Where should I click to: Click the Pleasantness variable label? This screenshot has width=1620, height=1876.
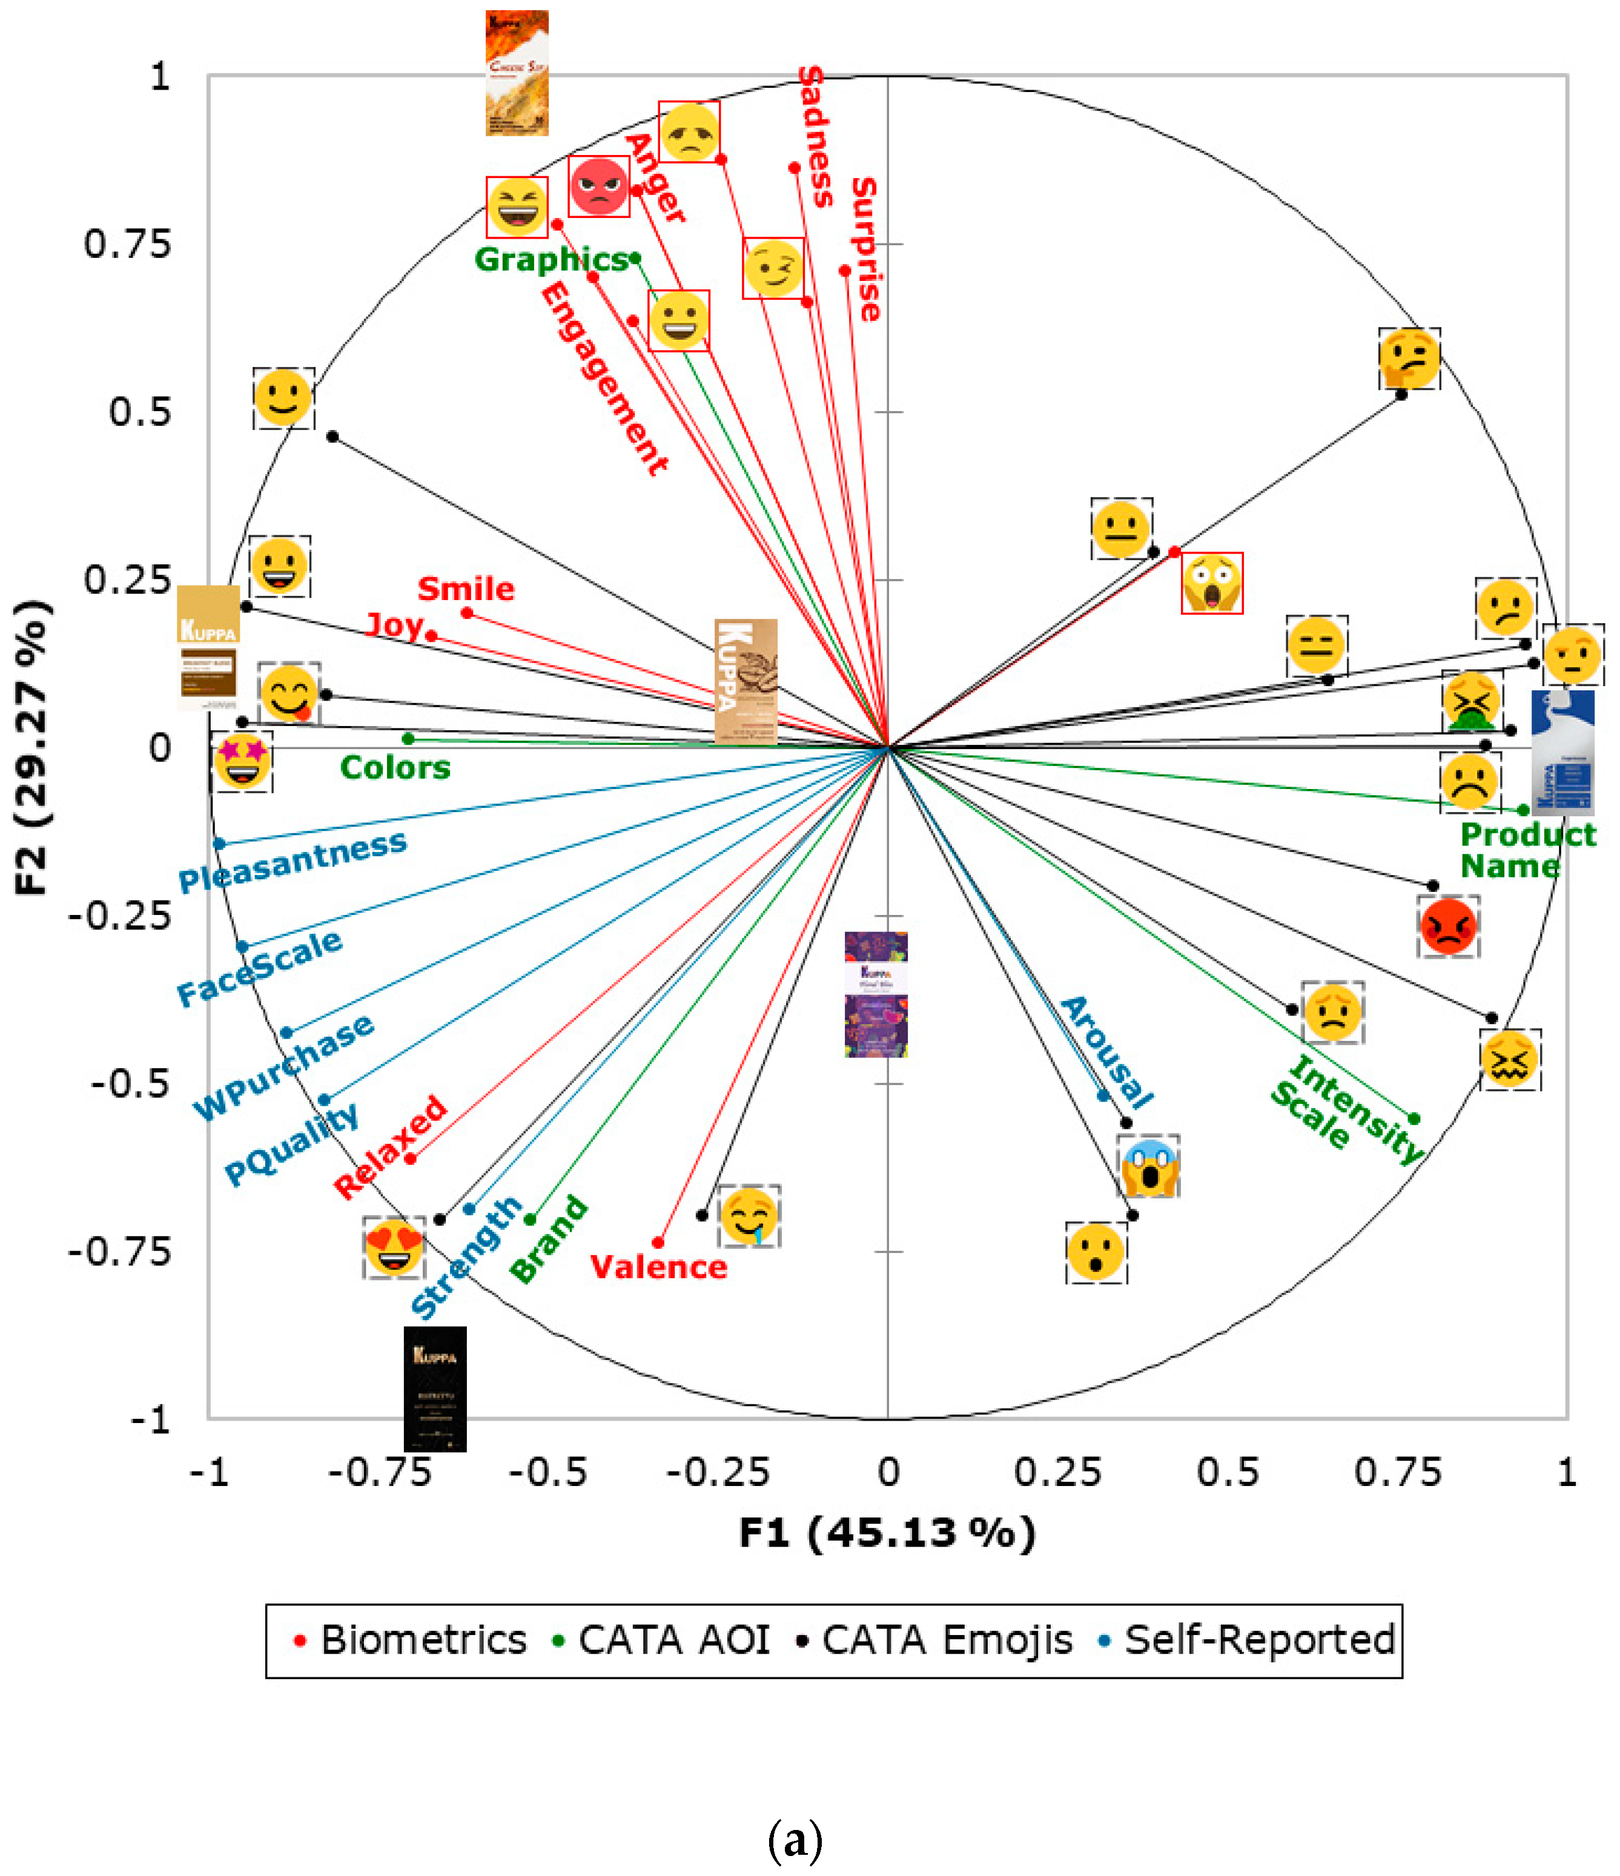tap(293, 861)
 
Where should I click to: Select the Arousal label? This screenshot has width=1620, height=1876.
tap(1106, 1053)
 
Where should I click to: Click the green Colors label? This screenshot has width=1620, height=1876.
tap(395, 768)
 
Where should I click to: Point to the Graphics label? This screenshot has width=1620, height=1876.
tap(550, 260)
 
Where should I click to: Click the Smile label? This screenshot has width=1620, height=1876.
tap(466, 589)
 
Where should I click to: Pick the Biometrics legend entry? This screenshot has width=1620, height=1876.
tap(411, 1640)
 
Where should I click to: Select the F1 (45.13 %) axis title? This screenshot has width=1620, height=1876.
tap(887, 1533)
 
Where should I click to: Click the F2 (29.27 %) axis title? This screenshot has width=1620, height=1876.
tap(31, 747)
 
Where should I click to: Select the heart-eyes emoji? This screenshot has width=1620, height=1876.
tap(394, 1247)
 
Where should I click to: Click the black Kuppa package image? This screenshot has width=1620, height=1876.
tap(435, 1388)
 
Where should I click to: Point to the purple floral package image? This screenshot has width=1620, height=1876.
tap(876, 994)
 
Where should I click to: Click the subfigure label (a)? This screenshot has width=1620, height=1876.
tap(795, 1840)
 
